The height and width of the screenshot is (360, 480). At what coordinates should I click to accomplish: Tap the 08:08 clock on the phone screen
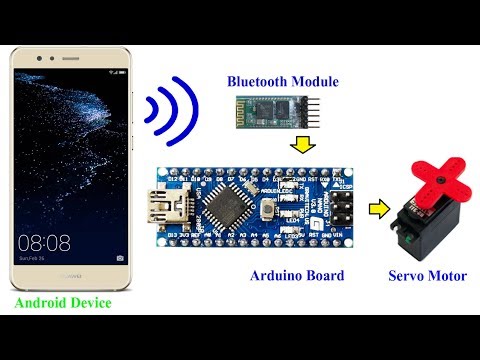point(44,243)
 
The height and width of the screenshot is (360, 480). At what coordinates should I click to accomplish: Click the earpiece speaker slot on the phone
point(71,60)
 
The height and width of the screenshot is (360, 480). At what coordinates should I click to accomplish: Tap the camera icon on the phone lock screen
point(120,258)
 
